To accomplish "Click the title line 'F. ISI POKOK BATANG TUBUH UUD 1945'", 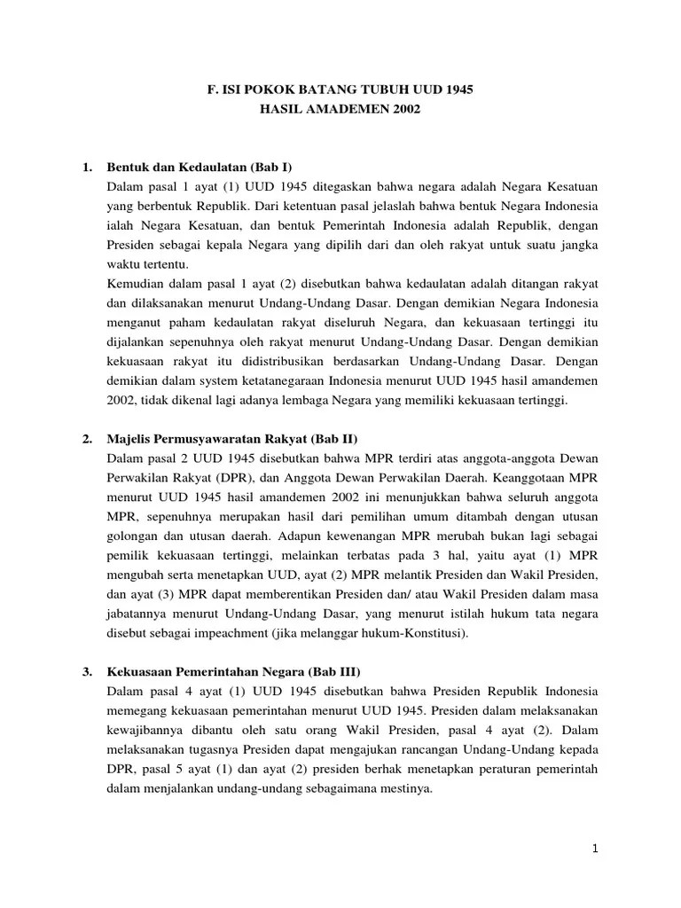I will (340, 90).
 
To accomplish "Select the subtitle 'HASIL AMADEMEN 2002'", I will (340, 110).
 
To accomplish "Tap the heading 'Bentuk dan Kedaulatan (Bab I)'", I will (200, 167).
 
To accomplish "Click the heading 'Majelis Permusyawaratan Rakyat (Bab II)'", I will (232, 439).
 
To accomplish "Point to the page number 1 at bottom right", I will (597, 849).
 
